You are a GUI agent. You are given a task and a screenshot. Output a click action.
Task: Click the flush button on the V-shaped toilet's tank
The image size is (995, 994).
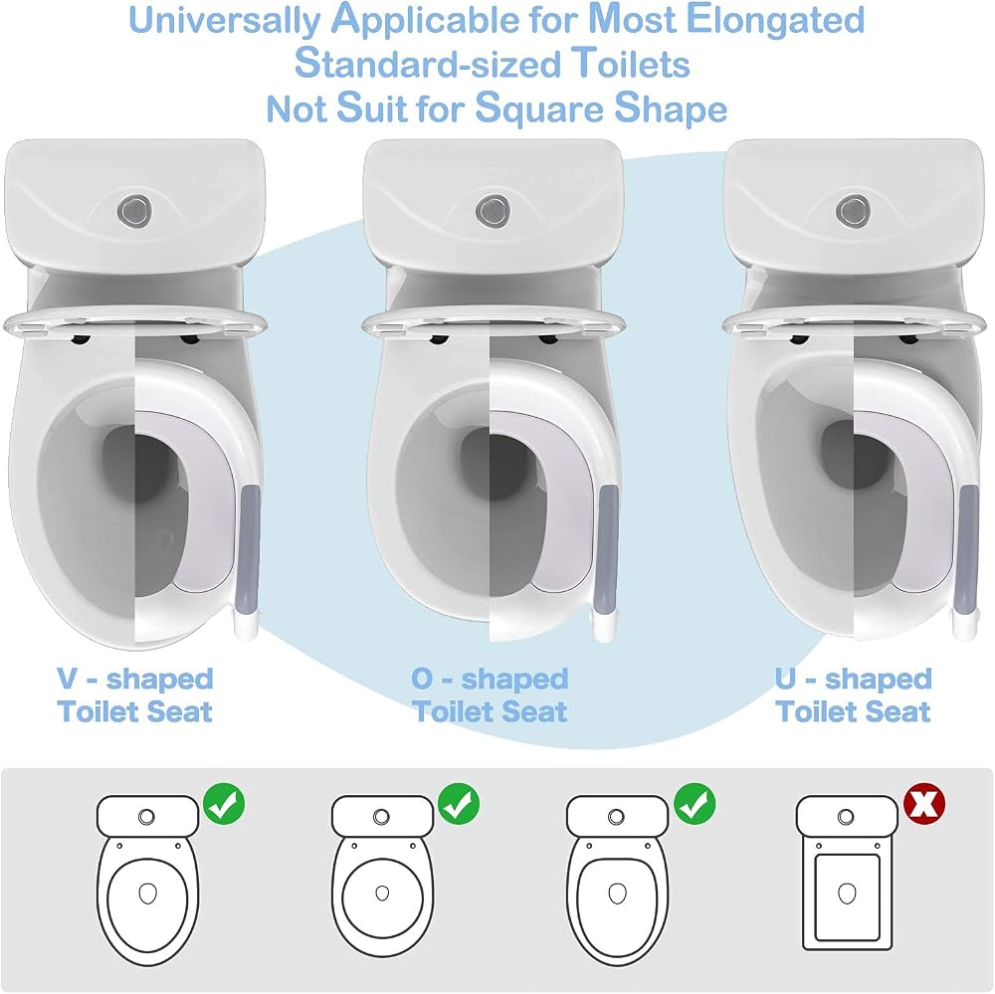coord(134,210)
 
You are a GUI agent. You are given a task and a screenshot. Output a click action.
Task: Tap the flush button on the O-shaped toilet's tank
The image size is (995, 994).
coord(493,210)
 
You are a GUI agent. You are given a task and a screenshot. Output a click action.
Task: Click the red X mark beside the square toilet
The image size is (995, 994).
coord(924,804)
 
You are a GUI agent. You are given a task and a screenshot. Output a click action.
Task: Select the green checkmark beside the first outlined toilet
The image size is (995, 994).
coord(224,804)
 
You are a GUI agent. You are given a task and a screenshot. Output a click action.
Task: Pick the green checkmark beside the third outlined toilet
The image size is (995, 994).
coord(695,804)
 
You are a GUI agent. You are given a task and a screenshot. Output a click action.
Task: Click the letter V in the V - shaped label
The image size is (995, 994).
coord(68,679)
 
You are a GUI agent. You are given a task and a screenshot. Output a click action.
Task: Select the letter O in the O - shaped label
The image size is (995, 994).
coord(422,679)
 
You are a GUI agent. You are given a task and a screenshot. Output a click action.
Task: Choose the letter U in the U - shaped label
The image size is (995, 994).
coord(786,679)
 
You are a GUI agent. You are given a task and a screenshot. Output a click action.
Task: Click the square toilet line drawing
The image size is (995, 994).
coord(847,874)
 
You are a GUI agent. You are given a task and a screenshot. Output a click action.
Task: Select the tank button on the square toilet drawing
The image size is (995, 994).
coord(846,816)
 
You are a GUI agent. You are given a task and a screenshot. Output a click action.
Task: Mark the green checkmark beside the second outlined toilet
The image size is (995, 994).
coord(459,804)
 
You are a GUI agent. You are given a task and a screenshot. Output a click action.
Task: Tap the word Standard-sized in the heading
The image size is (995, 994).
coord(428,64)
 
